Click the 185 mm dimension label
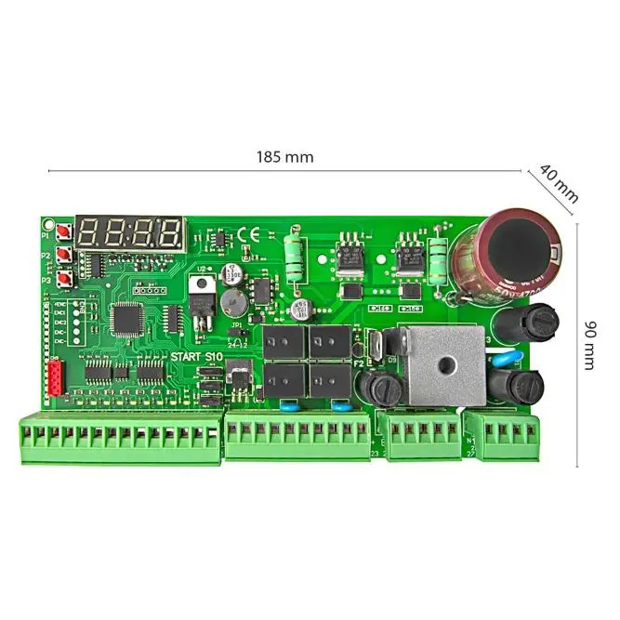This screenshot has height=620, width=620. [284, 157]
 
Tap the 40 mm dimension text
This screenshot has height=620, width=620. [559, 184]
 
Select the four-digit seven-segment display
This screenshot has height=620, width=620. [129, 231]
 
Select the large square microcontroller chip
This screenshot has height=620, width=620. [125, 319]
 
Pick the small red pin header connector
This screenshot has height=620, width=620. [53, 379]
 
